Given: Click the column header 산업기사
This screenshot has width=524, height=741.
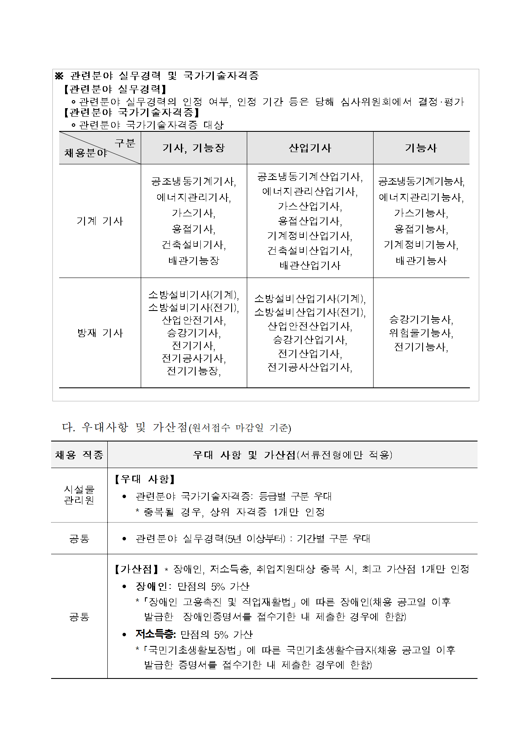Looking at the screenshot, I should pos(310,148).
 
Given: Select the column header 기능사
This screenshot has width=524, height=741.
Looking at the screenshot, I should pos(421,148).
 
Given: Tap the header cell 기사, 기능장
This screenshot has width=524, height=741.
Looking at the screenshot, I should pos(194,148).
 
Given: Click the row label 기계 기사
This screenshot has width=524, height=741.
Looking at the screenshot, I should pos(100,221).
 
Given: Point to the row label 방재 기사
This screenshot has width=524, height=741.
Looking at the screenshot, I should pos(100,333).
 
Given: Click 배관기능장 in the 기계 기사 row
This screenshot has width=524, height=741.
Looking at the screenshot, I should pos(194,261).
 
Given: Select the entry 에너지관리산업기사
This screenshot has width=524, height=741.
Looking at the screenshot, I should pos(310,191).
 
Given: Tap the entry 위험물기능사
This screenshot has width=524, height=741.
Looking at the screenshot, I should pos(421,333).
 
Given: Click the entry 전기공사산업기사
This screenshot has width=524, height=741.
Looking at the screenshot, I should pos(310,367).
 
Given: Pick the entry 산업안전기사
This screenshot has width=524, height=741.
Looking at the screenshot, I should pos(194,320).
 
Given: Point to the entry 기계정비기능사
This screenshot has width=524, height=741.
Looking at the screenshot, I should pos(421,245).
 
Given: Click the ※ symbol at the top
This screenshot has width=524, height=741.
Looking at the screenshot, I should pos(59,76).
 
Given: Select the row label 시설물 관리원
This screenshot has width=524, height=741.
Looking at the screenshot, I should pos(79,495).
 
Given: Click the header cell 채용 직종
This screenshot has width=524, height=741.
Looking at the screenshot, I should pos(79,455).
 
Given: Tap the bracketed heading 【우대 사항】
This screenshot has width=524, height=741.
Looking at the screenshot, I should pos(144,479).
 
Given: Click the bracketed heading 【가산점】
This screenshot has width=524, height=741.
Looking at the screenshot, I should pos(136,569).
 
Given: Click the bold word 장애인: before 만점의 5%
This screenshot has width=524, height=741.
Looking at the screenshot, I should pos(153,586).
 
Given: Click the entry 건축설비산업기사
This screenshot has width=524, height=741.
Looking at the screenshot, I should pos(310,251).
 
